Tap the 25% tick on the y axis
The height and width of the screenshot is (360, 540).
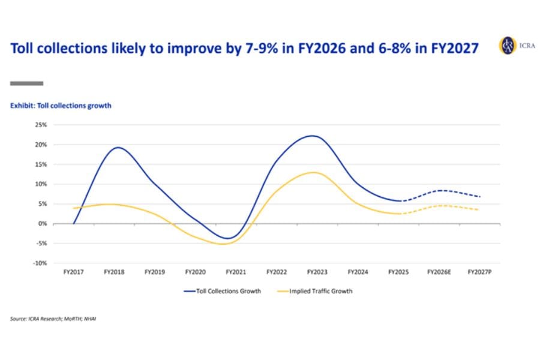coord(41,125)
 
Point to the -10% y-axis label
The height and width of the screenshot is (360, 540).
coord(40,263)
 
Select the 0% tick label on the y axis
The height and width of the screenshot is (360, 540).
coord(43,223)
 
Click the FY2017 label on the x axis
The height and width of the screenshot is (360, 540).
coord(73,272)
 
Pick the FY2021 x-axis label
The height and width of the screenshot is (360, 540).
coord(235,272)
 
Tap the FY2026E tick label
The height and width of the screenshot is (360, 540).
coord(439,272)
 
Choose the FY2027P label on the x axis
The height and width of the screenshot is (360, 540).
coord(479,272)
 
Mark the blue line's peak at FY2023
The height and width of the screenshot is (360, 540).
coord(314,136)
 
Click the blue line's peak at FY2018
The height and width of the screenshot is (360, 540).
coord(118,147)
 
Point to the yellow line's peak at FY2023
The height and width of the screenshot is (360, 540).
coord(314,172)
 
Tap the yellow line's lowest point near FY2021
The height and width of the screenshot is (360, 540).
coord(223,244)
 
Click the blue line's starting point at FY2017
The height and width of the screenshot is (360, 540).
coord(73,223)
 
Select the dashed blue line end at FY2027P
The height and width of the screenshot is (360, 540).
coord(479,196)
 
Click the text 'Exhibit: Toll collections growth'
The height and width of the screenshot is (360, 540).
coord(61,106)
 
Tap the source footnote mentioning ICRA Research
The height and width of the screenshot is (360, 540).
coord(53,319)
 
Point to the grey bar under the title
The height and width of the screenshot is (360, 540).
coord(26,83)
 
